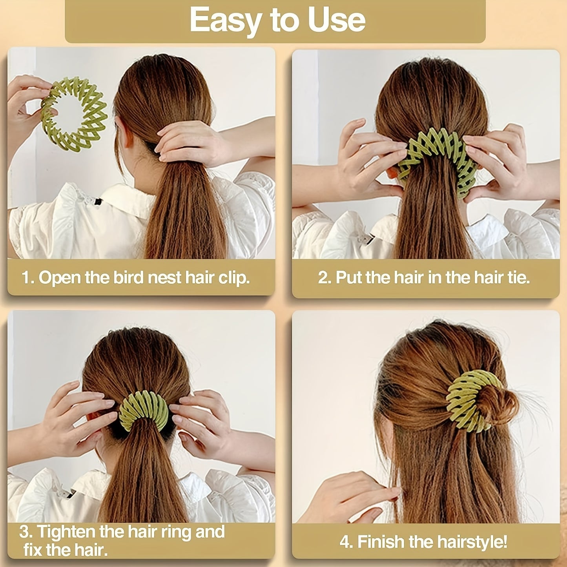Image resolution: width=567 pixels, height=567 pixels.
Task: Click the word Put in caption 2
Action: pyautogui.click(x=349, y=277)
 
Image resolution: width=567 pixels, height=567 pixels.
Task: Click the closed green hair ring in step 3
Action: pyautogui.click(x=143, y=408)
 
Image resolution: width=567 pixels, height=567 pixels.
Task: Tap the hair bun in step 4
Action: pyautogui.click(x=498, y=404)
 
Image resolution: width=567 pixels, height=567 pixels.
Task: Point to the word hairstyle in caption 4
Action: pyautogui.click(x=471, y=542)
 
